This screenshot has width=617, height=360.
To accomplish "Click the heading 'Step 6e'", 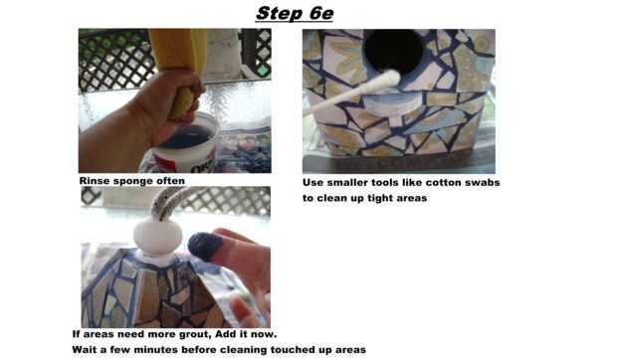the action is coord(295,13).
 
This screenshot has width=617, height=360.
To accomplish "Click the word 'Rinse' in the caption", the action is coord(95,181).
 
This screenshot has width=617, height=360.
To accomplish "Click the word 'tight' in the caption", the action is coord(379,199).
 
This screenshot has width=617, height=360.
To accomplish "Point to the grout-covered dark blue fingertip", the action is coord(205,246).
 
